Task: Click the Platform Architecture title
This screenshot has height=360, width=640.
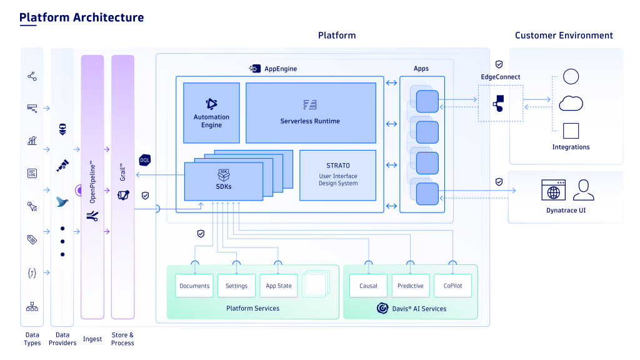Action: pyautogui.click(x=81, y=17)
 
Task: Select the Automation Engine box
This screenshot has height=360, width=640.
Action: pyautogui.click(x=211, y=113)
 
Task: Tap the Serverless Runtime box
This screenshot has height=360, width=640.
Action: pyautogui.click(x=310, y=113)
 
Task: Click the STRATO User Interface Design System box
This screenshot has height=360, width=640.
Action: pyautogui.click(x=337, y=175)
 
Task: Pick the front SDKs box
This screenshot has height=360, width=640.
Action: pyautogui.click(x=224, y=181)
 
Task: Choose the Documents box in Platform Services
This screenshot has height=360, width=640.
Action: pyautogui.click(x=194, y=286)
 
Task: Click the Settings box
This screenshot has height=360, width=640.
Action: pyautogui.click(x=236, y=286)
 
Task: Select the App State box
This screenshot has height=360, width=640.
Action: pyautogui.click(x=278, y=286)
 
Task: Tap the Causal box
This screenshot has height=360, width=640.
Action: pyautogui.click(x=368, y=286)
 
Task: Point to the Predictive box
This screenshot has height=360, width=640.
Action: pyautogui.click(x=411, y=286)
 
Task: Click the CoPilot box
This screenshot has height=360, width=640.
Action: pyautogui.click(x=452, y=286)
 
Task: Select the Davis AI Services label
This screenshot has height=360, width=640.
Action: pyautogui.click(x=412, y=308)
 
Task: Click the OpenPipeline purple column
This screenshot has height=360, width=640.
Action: pyautogui.click(x=92, y=186)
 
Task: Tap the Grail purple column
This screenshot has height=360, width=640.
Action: pyautogui.click(x=123, y=186)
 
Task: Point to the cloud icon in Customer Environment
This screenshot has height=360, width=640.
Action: pyautogui.click(x=571, y=103)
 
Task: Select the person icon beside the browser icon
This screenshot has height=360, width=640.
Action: pyautogui.click(x=584, y=189)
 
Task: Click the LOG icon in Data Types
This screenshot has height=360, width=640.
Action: pyautogui.click(x=32, y=174)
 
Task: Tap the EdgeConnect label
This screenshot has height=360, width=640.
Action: pyautogui.click(x=500, y=77)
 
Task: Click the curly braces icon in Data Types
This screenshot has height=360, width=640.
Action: pyautogui.click(x=32, y=272)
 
